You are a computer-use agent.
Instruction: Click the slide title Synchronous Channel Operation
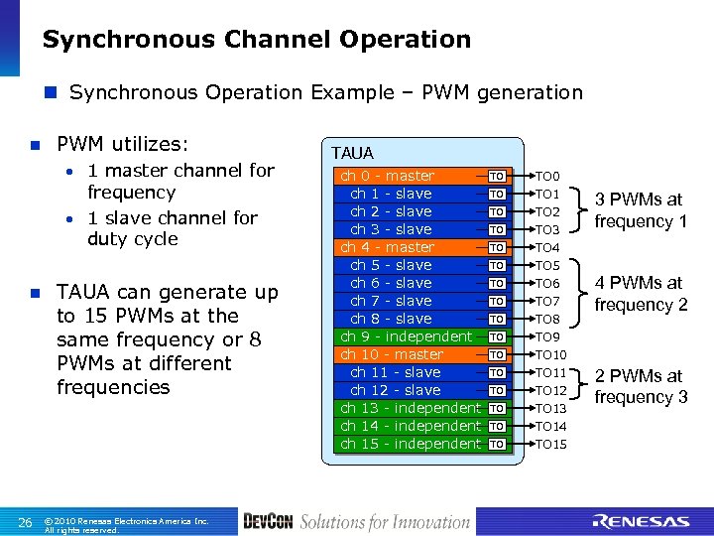[x=256, y=40]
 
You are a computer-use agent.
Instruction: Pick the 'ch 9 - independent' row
[x=407, y=336]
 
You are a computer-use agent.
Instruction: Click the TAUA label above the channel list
[x=352, y=153]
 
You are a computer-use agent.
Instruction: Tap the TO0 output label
[x=547, y=176]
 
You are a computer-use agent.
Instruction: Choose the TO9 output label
[x=547, y=336]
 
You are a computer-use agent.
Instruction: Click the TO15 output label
[x=550, y=444]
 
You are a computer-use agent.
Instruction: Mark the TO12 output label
[x=550, y=390]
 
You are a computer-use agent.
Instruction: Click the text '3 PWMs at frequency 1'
[x=641, y=210]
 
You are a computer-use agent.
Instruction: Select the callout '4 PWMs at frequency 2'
[x=641, y=294]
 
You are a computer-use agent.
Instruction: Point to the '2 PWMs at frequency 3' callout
[x=641, y=386]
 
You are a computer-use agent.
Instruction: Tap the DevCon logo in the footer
[x=268, y=521]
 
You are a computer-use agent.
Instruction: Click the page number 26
[x=26, y=522]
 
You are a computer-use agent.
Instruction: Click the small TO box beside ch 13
[x=497, y=408]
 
